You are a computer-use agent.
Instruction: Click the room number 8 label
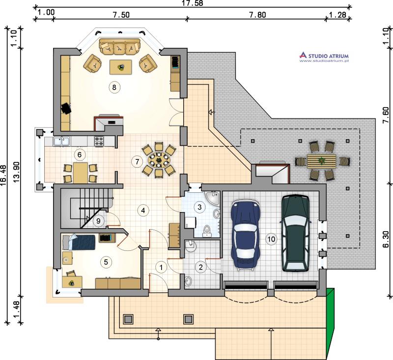(x=114, y=88)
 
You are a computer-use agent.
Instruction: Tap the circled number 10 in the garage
(x=272, y=239)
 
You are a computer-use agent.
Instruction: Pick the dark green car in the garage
(x=296, y=233)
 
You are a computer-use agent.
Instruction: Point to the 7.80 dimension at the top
(x=257, y=15)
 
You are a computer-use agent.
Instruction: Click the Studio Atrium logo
(x=324, y=57)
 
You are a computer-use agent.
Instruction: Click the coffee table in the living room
(x=121, y=67)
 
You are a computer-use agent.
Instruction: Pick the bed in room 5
(x=79, y=242)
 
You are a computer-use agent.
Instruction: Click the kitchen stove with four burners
(x=99, y=141)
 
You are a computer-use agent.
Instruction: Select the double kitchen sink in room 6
(x=62, y=141)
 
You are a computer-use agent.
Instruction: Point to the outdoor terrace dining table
(x=322, y=161)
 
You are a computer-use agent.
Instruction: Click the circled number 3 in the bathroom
(x=199, y=207)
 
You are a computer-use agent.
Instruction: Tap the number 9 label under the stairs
(x=98, y=221)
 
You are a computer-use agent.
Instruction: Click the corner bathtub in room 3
(x=212, y=198)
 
